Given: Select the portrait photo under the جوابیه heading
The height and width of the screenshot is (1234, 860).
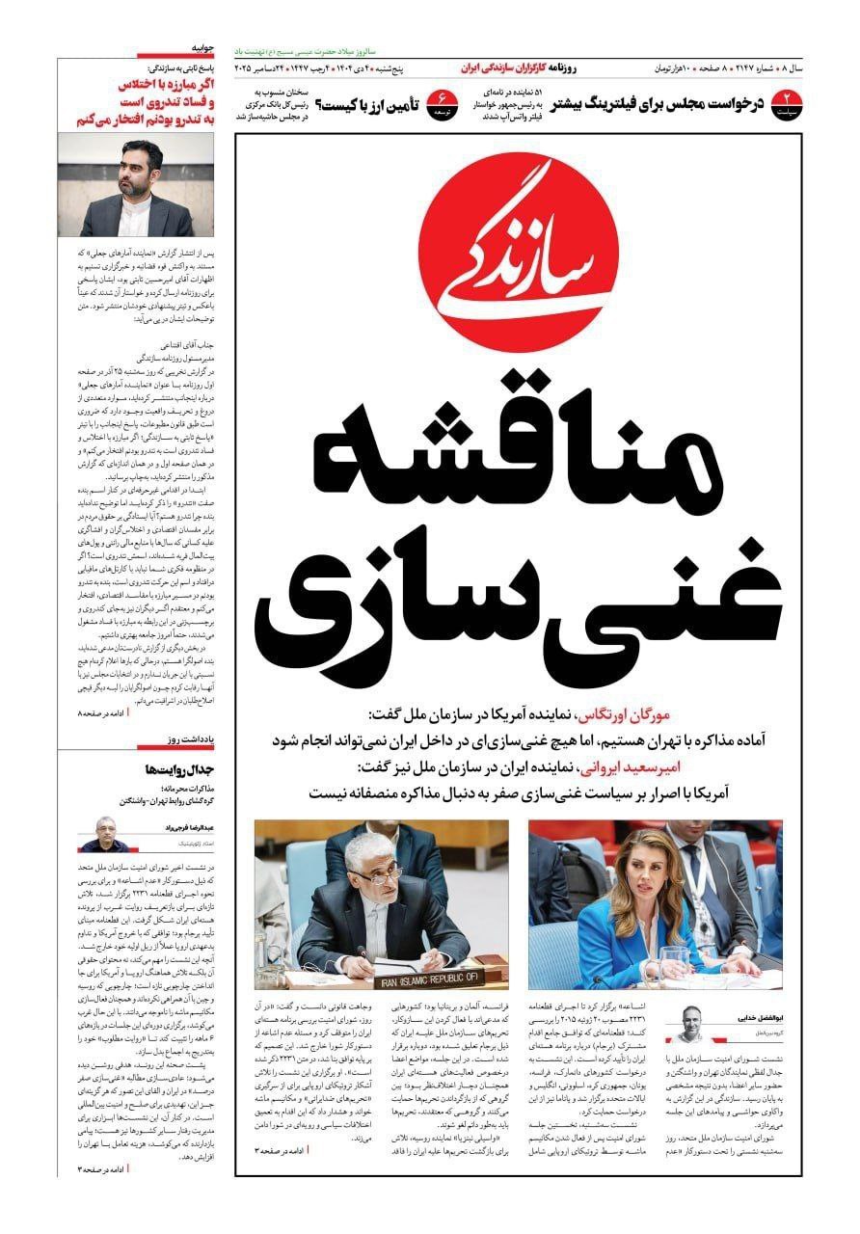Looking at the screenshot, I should (136, 185).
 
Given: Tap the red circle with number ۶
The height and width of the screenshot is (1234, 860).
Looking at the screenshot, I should (443, 101).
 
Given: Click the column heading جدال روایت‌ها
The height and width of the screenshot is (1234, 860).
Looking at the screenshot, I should (177, 769).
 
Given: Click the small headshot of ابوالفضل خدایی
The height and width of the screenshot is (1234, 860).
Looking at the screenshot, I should (691, 1024).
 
